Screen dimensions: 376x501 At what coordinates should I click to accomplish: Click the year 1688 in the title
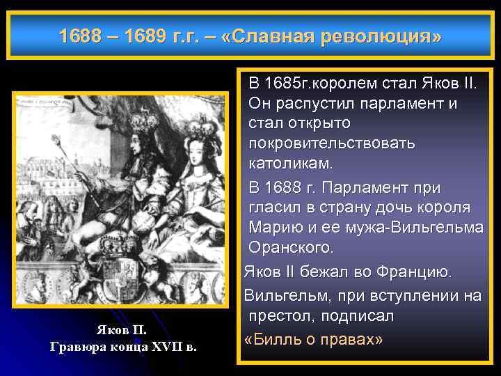point(78,35)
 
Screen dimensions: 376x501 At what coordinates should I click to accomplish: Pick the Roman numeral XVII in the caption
point(164,346)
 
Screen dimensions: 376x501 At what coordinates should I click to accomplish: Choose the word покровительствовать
point(331,143)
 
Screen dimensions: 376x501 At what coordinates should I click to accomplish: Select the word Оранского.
point(292,247)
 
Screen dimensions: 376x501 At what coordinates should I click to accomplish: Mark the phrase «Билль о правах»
point(314,339)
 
